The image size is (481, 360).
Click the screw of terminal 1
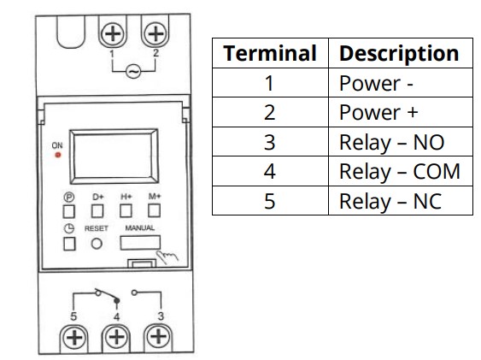[113, 33]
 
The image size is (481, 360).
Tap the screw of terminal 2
[155, 33]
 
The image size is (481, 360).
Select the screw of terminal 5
[74, 338]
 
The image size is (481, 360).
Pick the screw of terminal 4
[116, 337]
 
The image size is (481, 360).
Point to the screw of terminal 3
[158, 337]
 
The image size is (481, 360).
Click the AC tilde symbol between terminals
[133, 72]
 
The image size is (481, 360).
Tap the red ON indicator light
[58, 155]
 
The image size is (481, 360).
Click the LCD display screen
[114, 156]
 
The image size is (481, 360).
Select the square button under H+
[126, 211]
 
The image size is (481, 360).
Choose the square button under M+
[154, 210]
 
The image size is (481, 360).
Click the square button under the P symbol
[68, 211]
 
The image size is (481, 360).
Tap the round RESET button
[97, 244]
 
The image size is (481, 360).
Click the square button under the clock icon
[69, 244]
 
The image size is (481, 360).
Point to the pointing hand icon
[167, 257]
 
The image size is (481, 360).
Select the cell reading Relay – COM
[401, 171]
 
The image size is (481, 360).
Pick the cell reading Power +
[401, 112]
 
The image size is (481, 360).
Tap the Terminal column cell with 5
[270, 201]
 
